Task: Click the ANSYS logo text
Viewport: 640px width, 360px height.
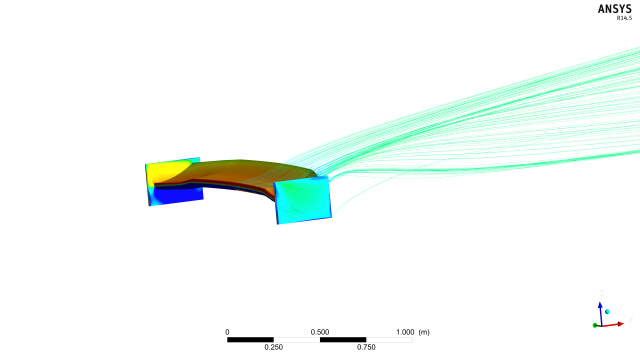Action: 614,9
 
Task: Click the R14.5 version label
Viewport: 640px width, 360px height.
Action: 624,18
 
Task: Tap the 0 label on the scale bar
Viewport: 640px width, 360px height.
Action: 227,332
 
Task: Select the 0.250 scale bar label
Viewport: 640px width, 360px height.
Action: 273,347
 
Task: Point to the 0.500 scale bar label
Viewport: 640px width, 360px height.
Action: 320,332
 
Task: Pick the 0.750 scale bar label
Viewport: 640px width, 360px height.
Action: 366,347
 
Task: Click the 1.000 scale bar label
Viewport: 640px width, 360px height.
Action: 405,332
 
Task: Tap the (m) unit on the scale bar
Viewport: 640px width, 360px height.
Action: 424,332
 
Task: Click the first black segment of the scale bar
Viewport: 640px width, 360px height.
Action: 250,340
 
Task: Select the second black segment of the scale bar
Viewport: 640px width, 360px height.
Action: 343,340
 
